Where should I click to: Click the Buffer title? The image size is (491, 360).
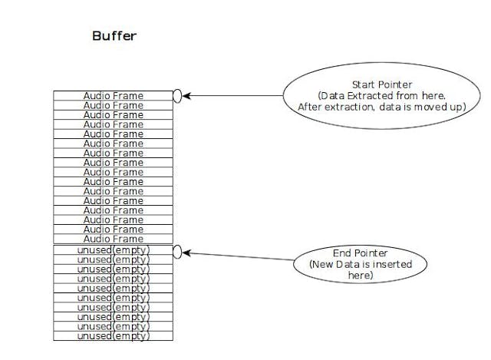coord(114,36)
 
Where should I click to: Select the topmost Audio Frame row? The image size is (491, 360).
coord(113,95)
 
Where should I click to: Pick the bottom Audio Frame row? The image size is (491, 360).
coord(113,239)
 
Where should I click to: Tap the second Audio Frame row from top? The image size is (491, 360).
coord(113,105)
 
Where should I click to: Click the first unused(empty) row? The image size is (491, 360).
coord(113,250)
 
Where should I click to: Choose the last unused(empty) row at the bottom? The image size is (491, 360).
coord(113,336)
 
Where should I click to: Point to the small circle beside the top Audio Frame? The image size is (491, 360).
coord(178,95)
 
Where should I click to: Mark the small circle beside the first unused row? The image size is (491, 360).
coord(178,251)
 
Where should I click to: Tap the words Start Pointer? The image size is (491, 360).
coord(381,84)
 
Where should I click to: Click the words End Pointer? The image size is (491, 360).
coord(360,253)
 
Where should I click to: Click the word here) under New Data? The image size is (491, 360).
coord(360,275)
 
